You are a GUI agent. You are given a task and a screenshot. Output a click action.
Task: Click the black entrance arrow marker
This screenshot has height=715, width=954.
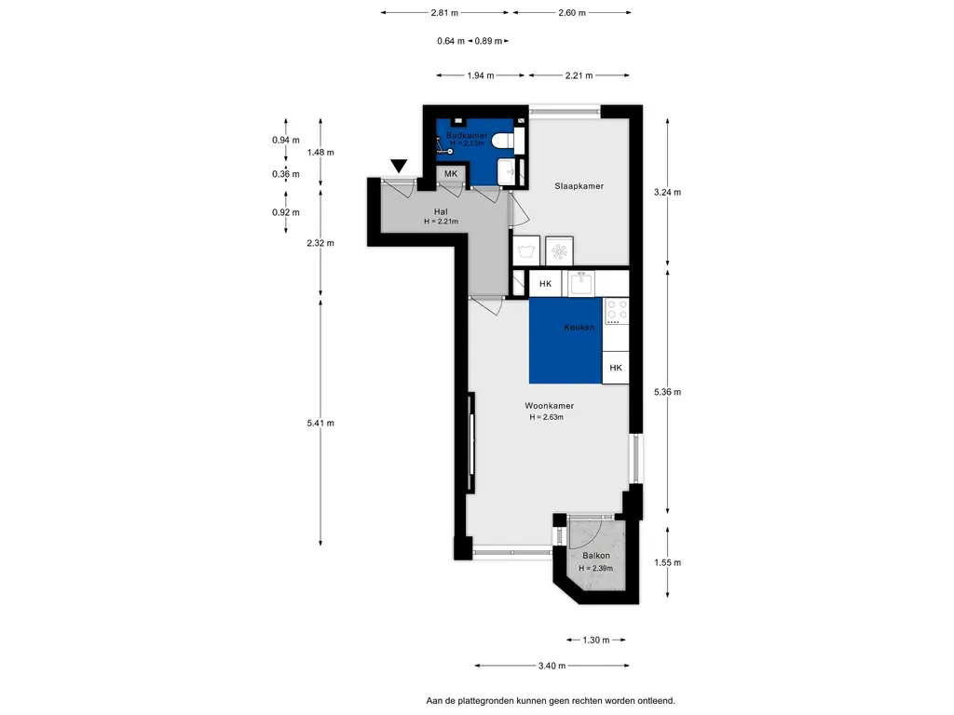click(x=399, y=166)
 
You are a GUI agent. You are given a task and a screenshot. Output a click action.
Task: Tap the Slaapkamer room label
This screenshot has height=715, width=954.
click(x=579, y=186)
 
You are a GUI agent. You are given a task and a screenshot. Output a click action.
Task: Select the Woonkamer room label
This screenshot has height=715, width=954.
click(x=550, y=406)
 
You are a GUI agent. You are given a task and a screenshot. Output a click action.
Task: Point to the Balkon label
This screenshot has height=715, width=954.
click(x=595, y=556)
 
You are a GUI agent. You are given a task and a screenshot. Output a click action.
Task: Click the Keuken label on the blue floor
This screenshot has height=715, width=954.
click(x=579, y=327)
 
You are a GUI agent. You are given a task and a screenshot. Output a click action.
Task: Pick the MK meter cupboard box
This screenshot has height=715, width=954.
click(x=451, y=174)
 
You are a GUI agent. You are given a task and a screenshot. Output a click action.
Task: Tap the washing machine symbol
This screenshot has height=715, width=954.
click(x=526, y=250)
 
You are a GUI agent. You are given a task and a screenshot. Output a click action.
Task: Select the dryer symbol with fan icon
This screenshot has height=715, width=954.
click(x=559, y=250)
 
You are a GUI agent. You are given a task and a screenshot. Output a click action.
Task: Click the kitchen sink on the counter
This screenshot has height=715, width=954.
click(x=581, y=283)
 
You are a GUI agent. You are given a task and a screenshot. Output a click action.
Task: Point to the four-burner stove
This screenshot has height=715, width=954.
click(x=617, y=311)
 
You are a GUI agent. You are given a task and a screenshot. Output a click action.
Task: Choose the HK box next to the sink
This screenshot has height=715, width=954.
click(x=545, y=283)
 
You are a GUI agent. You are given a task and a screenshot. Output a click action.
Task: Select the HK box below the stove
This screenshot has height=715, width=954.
click(x=616, y=367)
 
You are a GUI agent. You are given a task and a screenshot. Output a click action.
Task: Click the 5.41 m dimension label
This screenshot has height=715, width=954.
click(x=320, y=424)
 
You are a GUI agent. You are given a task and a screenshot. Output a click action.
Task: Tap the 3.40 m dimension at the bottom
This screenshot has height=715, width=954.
click(x=552, y=666)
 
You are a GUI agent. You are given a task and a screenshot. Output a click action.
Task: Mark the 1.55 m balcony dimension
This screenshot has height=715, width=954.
click(x=667, y=562)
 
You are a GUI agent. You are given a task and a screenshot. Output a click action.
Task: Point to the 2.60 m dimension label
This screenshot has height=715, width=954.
click(x=572, y=13)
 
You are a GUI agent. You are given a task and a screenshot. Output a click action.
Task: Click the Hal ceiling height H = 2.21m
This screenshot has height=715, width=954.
click(x=441, y=222)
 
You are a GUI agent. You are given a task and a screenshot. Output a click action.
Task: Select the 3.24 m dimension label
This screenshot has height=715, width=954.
click(x=667, y=192)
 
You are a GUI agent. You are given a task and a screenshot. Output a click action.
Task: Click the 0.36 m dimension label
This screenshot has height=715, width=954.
click(x=286, y=174)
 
